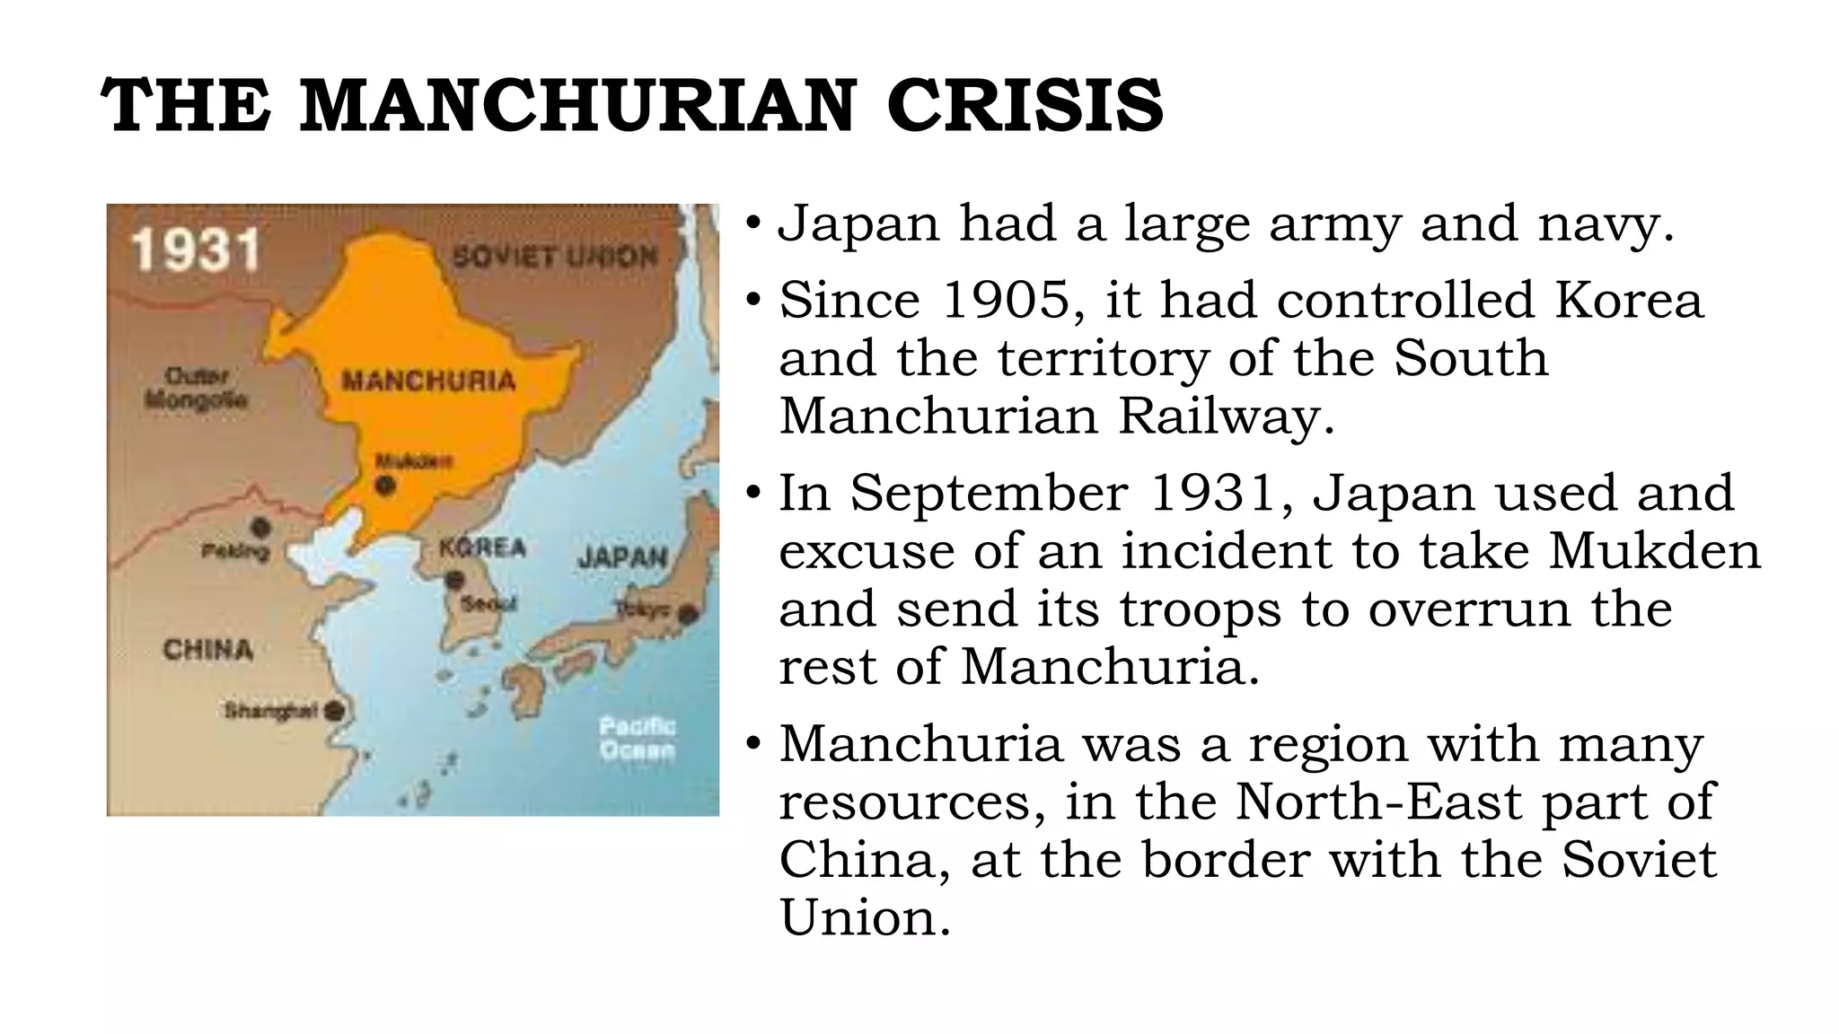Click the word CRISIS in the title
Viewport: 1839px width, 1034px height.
point(1025,106)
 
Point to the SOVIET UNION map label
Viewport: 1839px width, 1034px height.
point(554,257)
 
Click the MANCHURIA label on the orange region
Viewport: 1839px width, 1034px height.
point(428,381)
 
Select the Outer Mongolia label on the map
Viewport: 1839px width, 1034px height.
point(197,388)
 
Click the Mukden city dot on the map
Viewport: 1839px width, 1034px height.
point(385,486)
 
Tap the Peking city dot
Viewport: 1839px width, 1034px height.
point(260,528)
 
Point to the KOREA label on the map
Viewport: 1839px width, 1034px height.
point(482,547)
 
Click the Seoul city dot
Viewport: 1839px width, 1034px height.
point(454,580)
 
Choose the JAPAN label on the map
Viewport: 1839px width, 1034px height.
point(623,557)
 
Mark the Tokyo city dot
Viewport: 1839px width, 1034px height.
point(688,615)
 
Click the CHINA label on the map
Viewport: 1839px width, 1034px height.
point(207,649)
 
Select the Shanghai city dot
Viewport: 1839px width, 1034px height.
point(334,711)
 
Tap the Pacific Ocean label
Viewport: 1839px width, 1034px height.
point(637,738)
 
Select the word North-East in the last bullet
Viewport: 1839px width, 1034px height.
point(1378,802)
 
